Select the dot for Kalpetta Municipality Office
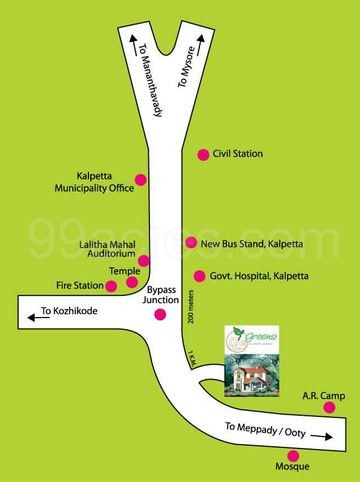pos(140,180)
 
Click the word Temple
pos(126,271)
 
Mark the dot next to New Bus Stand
pos(191,243)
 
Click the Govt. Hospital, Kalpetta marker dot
pos(198,274)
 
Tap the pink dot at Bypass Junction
pos(160,316)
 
